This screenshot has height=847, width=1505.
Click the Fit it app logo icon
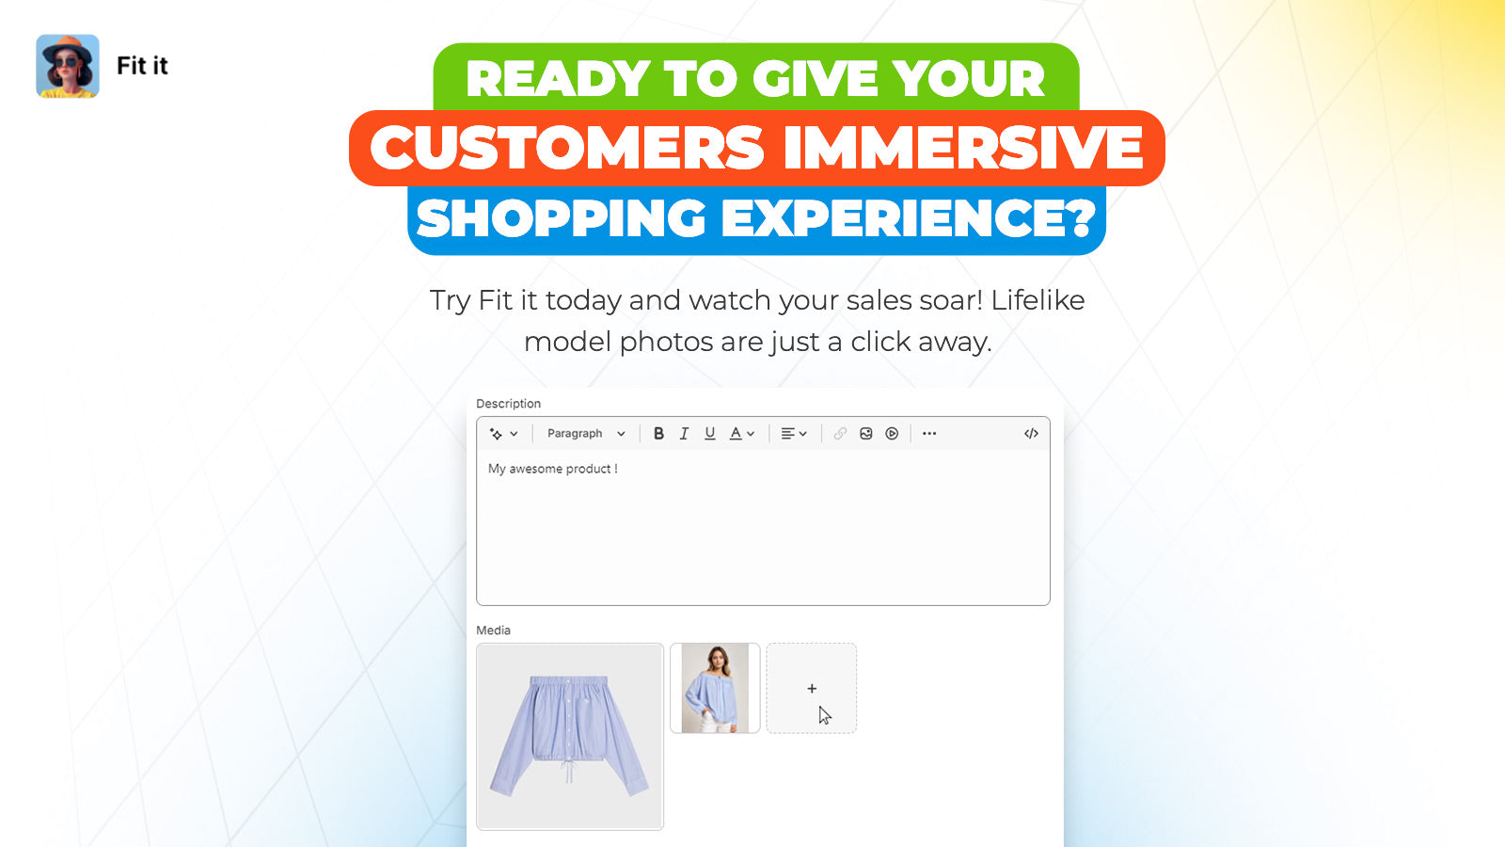click(67, 66)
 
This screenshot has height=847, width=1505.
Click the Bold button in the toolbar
click(658, 434)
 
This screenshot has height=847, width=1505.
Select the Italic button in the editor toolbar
click(684, 434)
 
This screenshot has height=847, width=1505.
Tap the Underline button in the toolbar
click(709, 434)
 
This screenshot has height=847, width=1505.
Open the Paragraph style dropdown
click(586, 434)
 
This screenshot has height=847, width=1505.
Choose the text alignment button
click(794, 434)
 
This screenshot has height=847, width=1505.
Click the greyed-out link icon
click(840, 434)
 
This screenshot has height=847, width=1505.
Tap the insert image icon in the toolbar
click(866, 434)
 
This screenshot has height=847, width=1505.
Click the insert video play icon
click(892, 434)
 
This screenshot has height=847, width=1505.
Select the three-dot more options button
click(929, 434)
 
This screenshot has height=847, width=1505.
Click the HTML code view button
click(1031, 434)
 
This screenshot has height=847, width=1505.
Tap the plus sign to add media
click(812, 688)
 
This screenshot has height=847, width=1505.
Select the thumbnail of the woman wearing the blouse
click(715, 688)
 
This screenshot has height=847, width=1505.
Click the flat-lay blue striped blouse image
click(570, 737)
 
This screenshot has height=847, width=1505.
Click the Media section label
click(493, 630)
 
